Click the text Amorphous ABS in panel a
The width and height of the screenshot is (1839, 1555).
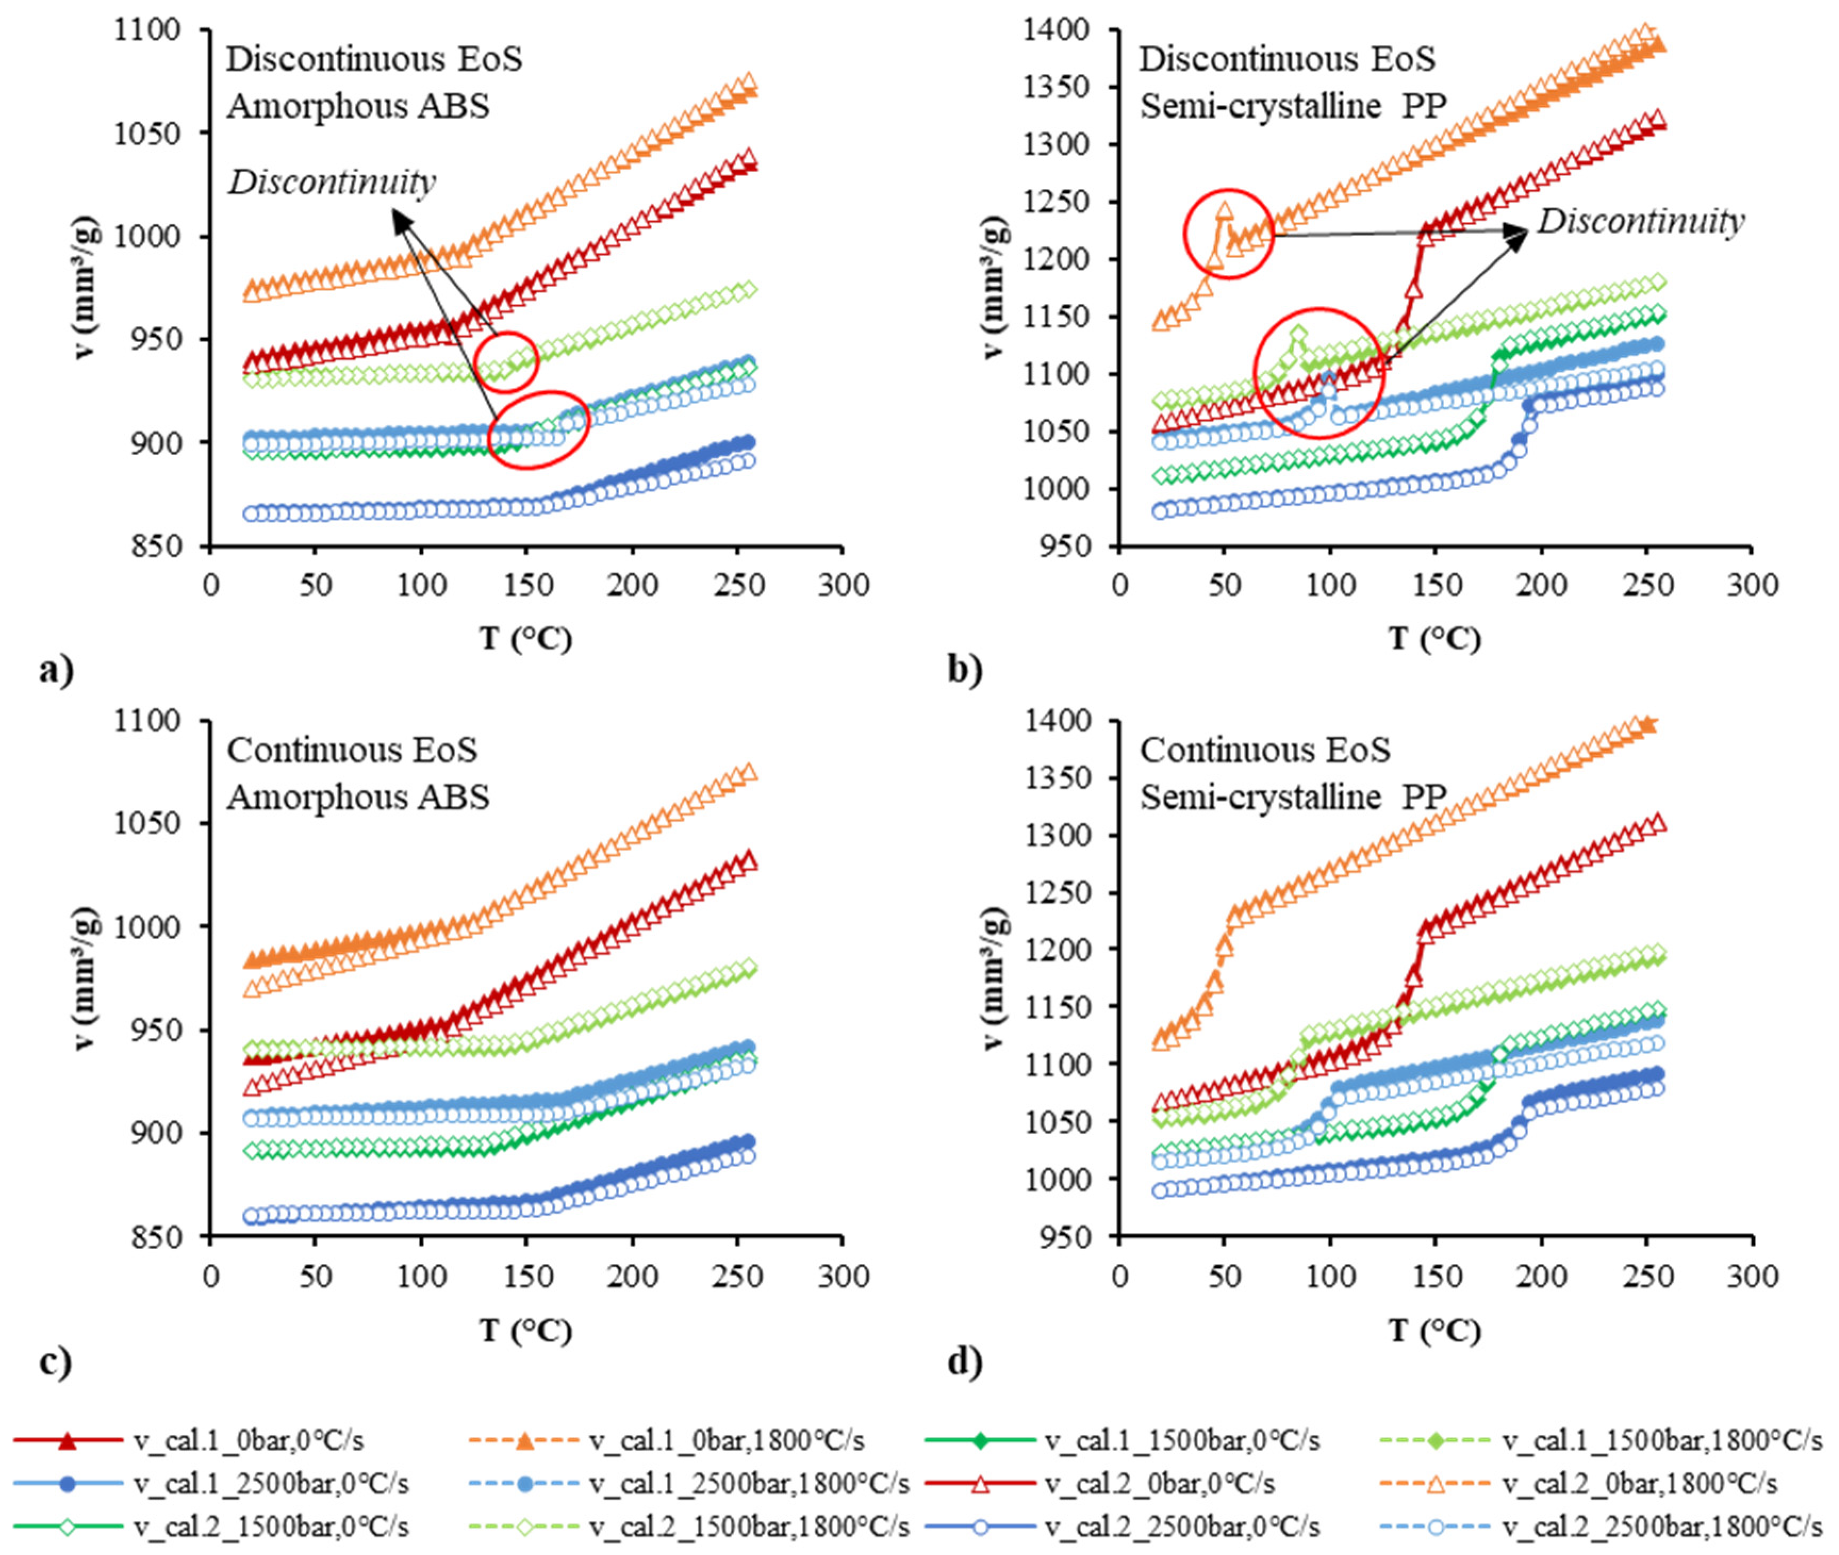[358, 106]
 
